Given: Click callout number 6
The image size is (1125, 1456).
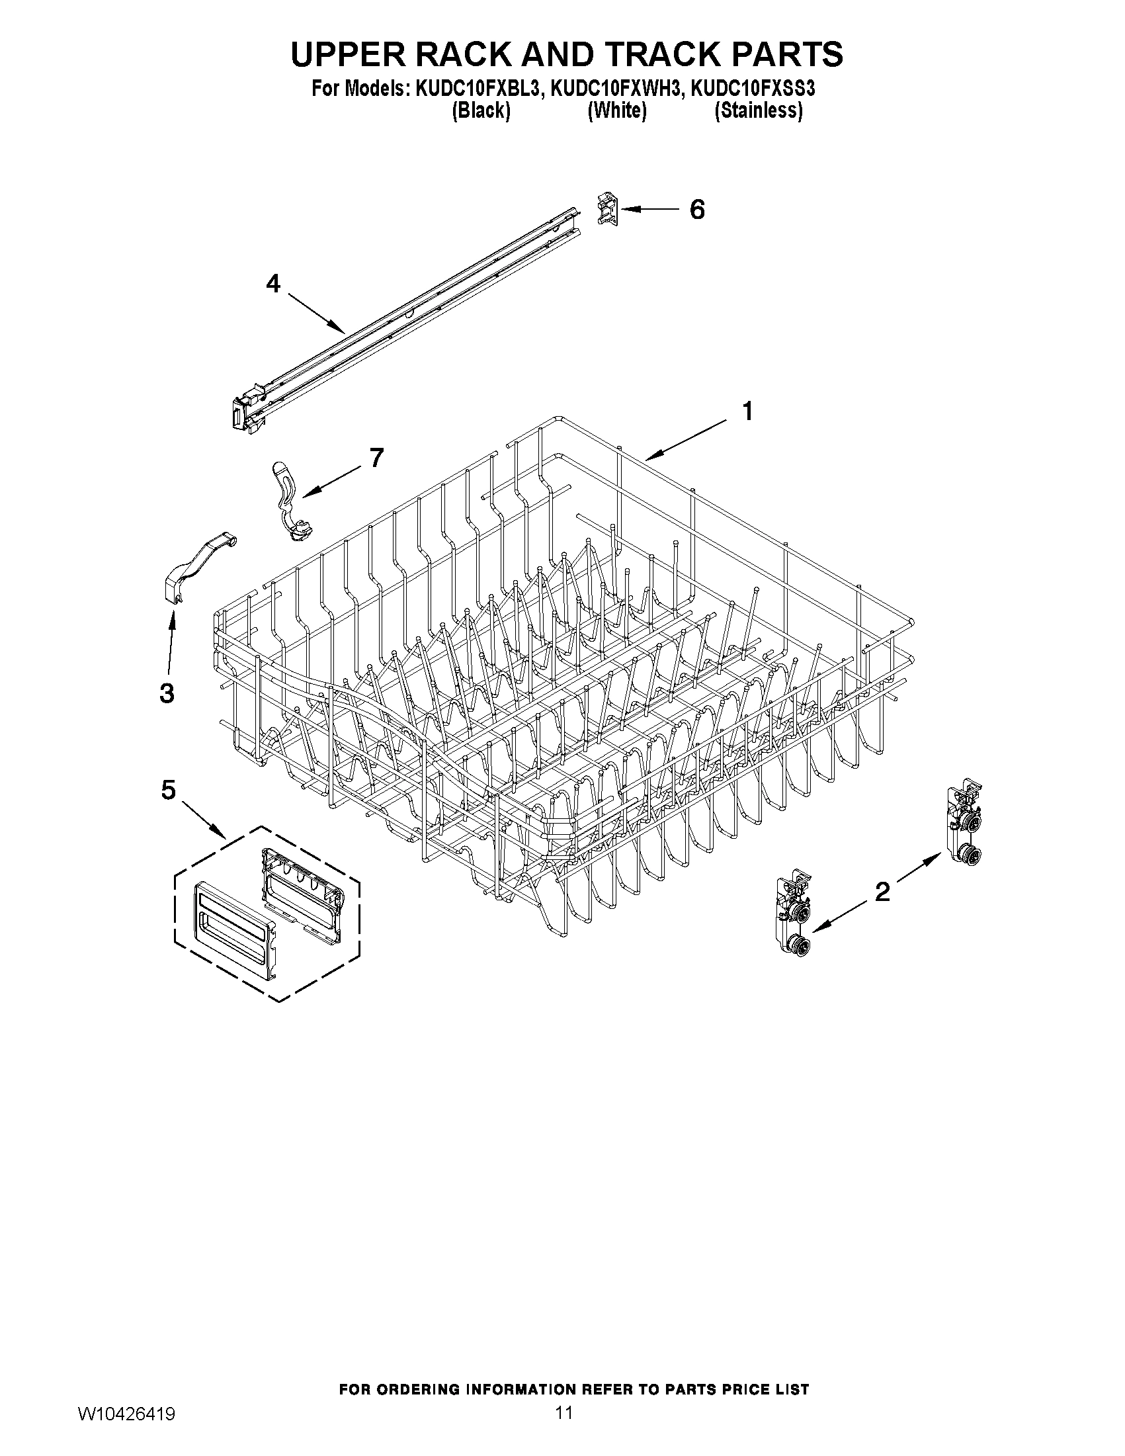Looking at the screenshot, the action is (x=696, y=210).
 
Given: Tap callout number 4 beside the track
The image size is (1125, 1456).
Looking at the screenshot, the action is (x=273, y=284).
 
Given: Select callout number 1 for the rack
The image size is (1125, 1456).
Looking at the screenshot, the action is (x=748, y=411).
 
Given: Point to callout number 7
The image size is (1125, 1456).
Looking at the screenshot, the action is (x=376, y=458).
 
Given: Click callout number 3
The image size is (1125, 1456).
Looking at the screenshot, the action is (x=167, y=693).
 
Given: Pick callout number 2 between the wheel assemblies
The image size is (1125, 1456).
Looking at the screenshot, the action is (x=882, y=891).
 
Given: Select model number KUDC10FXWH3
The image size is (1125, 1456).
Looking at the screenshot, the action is (x=617, y=89).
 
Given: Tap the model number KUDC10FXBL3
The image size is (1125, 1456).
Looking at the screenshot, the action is (x=477, y=89).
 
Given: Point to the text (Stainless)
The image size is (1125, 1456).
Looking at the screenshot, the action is (x=758, y=110).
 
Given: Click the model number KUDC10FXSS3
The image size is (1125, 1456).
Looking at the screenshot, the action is (x=753, y=89).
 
